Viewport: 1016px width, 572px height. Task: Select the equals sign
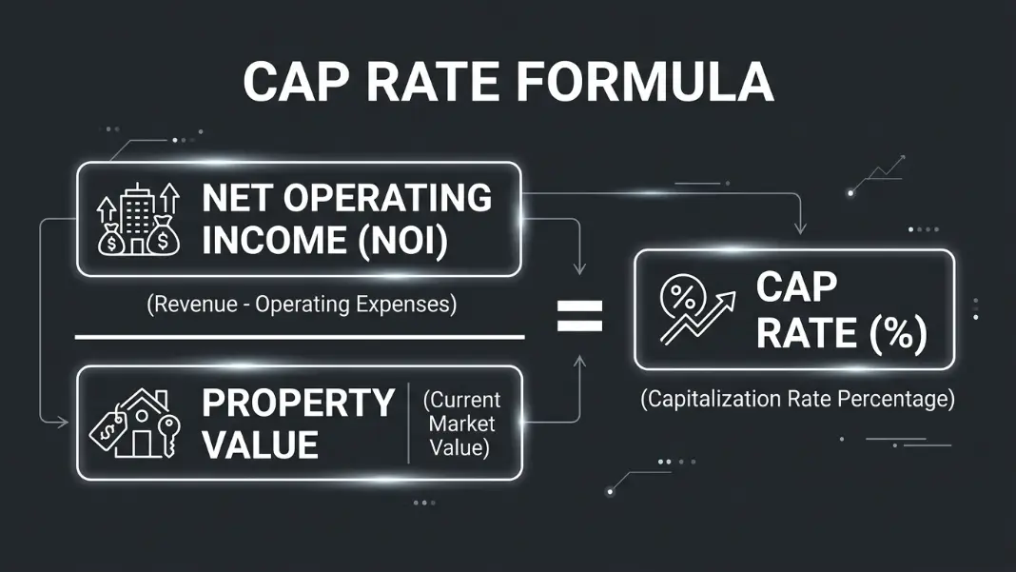(x=580, y=315)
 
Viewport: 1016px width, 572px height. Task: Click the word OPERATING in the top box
(x=387, y=198)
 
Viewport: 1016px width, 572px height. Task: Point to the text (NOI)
(x=403, y=241)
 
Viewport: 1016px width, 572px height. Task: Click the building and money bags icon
(x=138, y=219)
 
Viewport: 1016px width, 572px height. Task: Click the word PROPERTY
(x=298, y=403)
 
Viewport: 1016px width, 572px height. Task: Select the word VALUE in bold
(x=260, y=444)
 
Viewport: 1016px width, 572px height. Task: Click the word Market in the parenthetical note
(x=462, y=424)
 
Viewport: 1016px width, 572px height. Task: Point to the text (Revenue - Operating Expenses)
(x=302, y=305)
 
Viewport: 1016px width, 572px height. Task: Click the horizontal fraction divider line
(x=300, y=337)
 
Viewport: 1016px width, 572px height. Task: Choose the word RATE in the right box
(x=807, y=333)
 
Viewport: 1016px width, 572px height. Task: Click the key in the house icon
(x=169, y=436)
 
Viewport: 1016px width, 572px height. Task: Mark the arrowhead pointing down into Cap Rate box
(x=801, y=228)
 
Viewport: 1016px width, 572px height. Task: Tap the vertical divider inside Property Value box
(x=409, y=423)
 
